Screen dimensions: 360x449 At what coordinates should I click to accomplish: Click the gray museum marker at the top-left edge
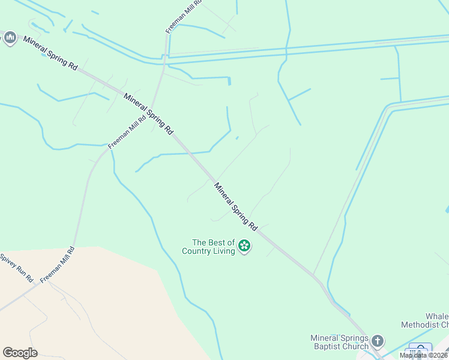pos(9,38)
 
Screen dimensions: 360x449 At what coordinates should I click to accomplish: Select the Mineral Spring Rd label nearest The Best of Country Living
pos(236,207)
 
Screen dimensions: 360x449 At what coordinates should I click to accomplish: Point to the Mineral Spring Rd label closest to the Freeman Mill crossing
pos(149,113)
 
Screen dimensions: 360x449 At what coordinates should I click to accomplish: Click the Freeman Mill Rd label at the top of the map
pos(184,16)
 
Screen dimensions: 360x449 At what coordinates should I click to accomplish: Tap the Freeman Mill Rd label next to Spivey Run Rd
pos(58,265)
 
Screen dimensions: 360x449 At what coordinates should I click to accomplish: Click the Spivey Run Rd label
pos(17,268)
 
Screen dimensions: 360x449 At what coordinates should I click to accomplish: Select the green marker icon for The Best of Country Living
pos(244,245)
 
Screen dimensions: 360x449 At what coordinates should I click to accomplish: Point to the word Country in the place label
pos(199,251)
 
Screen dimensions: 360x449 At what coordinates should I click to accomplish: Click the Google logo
pos(20,353)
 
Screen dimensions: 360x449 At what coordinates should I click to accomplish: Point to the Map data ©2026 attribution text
pos(424,355)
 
